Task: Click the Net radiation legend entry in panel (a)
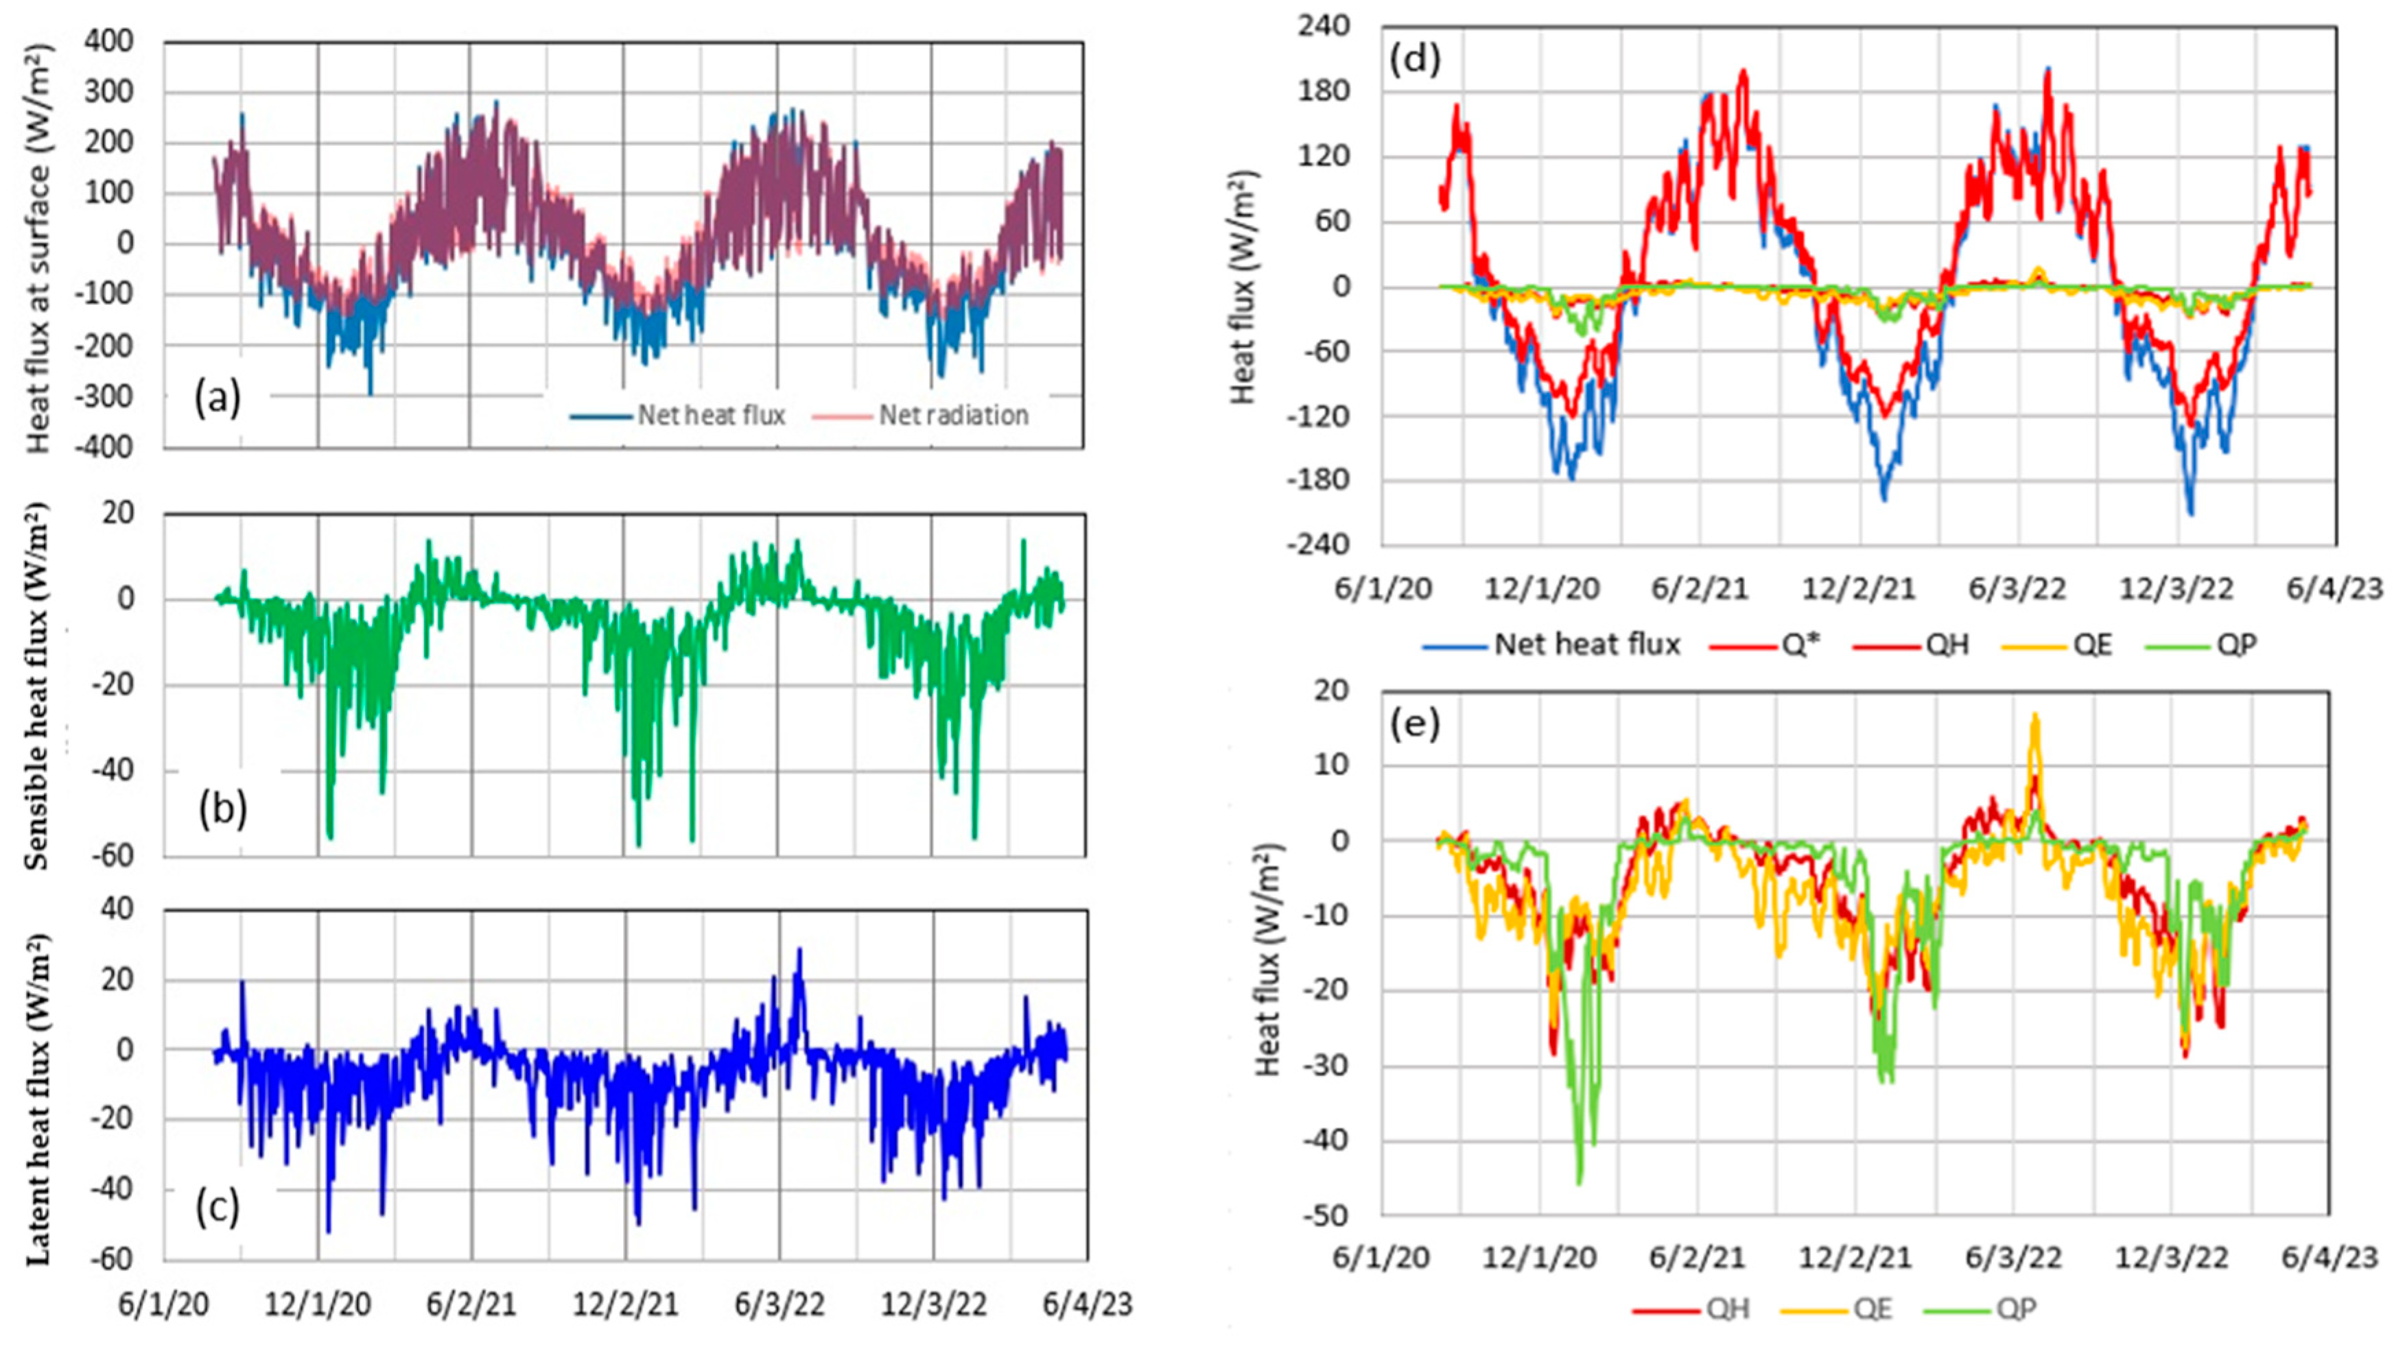point(952,416)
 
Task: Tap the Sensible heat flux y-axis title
point(37,686)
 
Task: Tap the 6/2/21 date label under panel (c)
point(471,1304)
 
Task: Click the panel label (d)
point(1413,58)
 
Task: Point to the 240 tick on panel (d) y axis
point(1325,26)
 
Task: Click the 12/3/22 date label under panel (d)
point(2174,589)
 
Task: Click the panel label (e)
point(1413,724)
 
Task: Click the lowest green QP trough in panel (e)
point(1579,1182)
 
